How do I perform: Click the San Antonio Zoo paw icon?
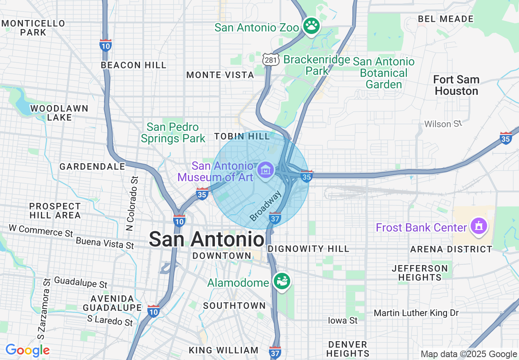[x=311, y=26]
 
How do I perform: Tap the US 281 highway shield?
[x=271, y=60]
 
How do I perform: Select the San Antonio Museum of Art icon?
[x=265, y=169]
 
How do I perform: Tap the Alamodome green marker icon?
[x=282, y=281]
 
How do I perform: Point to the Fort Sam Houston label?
[x=456, y=85]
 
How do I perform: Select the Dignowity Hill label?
[x=308, y=249]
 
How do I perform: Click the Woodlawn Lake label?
[x=59, y=113]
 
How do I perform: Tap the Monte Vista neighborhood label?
[x=220, y=75]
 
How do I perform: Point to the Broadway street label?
[x=266, y=205]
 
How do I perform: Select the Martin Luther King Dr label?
[x=416, y=313]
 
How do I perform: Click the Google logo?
[x=27, y=350]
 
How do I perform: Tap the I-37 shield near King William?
[x=275, y=352]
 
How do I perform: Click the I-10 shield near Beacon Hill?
[x=106, y=45]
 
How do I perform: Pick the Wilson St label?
[x=443, y=124]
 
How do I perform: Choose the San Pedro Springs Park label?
[x=173, y=133]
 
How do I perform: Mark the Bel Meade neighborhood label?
[x=445, y=19]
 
